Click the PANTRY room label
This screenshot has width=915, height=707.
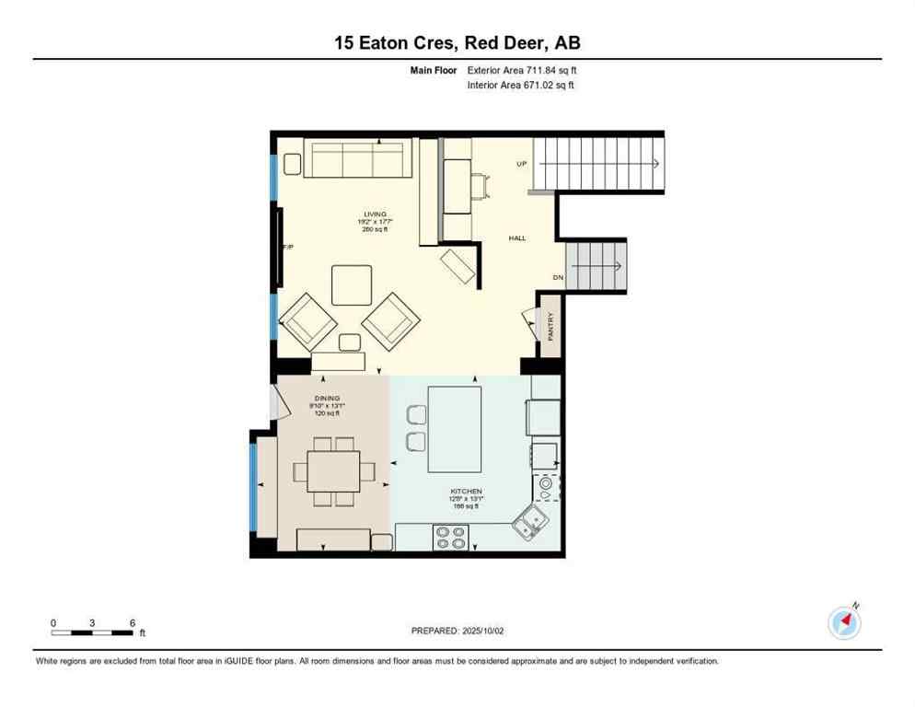click(551, 328)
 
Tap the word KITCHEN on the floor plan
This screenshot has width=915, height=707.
click(467, 492)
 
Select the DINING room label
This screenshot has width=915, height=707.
click(327, 398)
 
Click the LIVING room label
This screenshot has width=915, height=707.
click(375, 214)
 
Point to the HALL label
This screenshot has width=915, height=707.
click(517, 238)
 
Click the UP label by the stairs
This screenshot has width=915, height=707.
click(522, 164)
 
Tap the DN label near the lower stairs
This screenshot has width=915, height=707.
click(558, 277)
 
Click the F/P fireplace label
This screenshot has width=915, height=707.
click(288, 247)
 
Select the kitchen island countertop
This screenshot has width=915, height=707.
click(455, 428)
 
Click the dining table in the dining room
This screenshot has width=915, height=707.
click(333, 471)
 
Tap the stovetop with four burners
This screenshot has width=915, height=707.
click(450, 537)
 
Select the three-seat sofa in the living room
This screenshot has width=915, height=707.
click(357, 159)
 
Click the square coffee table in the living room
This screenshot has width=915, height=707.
click(352, 284)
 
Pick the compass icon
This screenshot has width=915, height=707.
click(844, 623)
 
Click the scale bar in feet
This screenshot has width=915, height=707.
click(92, 632)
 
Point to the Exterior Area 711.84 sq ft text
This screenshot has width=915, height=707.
click(522, 70)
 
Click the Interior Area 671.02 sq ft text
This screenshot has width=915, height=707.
click(522, 86)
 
